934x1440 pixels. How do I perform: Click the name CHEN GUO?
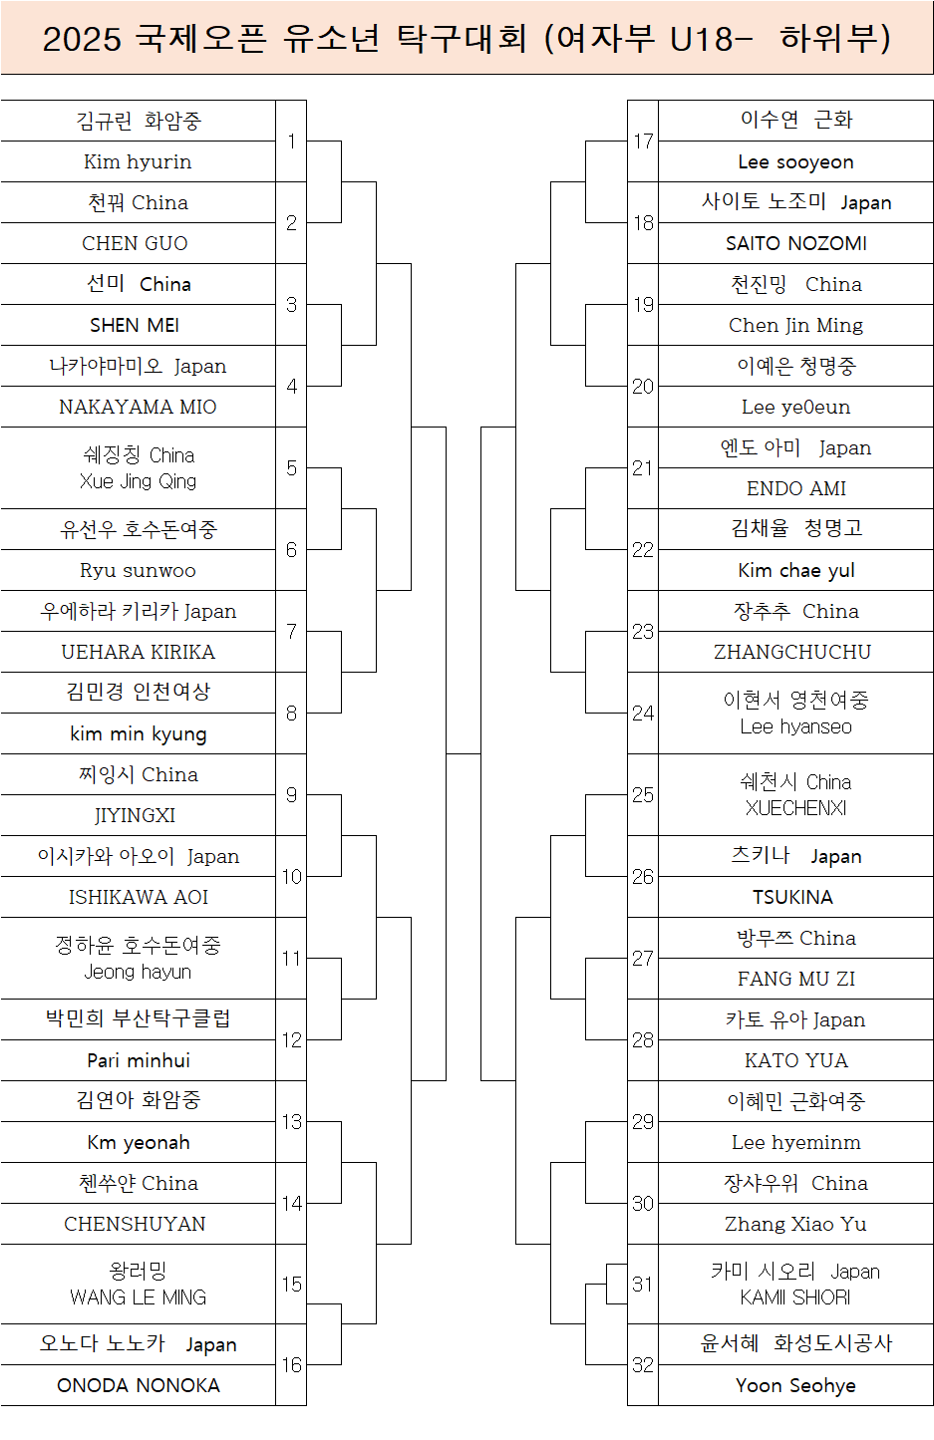(135, 243)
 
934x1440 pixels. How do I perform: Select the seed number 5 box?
(291, 467)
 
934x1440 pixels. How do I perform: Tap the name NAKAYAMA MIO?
(138, 407)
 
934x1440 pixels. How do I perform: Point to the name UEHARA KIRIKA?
(138, 652)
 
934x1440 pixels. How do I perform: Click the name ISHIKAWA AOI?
(138, 897)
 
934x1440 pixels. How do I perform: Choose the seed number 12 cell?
(291, 1039)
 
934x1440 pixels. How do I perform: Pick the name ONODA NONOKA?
(138, 1385)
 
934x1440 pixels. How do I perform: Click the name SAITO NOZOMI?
(795, 243)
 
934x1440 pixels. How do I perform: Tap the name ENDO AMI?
(795, 488)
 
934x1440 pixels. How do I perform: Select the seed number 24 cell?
(643, 713)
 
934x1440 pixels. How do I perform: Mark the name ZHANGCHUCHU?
(792, 652)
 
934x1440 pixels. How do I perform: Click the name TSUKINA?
(792, 897)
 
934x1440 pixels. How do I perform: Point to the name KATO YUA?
(795, 1060)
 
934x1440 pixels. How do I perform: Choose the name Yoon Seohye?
(795, 1385)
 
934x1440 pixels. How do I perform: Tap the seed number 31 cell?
(643, 1284)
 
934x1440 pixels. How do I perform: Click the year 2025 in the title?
(82, 39)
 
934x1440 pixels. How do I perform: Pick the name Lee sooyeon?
(795, 161)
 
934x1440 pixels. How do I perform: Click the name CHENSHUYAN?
(135, 1224)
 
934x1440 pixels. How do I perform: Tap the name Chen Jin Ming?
(795, 325)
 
